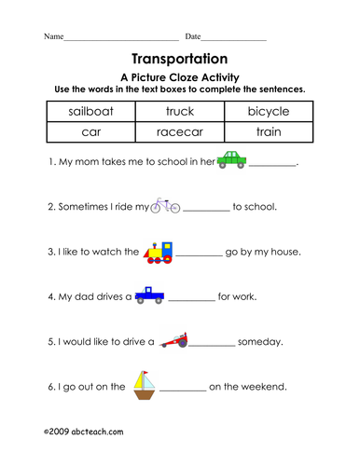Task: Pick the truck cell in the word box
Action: tap(180, 113)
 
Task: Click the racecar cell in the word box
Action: tap(180, 133)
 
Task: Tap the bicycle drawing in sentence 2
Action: tap(165, 205)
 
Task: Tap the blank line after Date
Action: tap(233, 39)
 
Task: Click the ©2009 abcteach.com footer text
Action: tap(83, 432)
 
